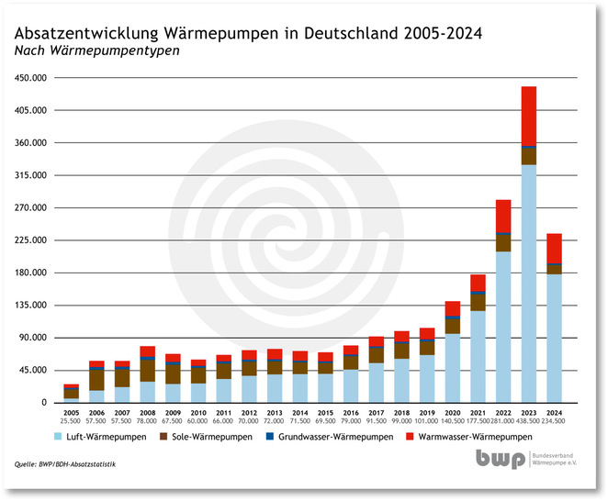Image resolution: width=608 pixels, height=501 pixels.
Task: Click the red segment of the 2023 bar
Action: tap(528, 116)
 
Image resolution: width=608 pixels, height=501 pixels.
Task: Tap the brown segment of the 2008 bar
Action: tap(147, 370)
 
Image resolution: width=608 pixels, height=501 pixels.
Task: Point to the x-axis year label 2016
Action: tap(350, 415)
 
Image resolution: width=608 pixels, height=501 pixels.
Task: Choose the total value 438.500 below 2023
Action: tap(528, 423)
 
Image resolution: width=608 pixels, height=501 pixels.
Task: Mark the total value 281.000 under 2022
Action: tap(502, 423)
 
